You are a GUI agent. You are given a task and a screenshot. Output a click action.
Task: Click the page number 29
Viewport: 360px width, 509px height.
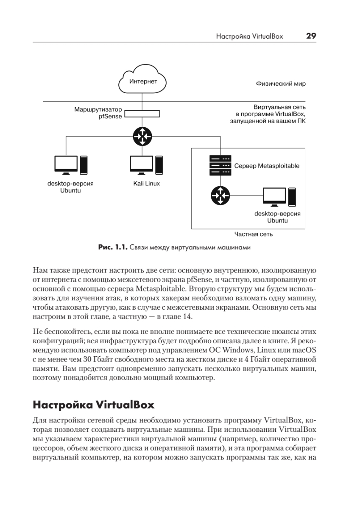(x=311, y=36)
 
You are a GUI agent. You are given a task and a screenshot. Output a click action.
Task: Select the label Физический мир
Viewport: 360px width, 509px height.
(x=280, y=84)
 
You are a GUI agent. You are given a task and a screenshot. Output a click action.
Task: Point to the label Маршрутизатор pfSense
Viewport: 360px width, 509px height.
(x=98, y=113)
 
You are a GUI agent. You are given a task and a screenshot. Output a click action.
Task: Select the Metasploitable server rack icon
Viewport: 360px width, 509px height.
(x=220, y=165)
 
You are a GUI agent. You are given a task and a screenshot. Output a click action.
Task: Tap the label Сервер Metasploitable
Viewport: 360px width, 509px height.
(x=267, y=166)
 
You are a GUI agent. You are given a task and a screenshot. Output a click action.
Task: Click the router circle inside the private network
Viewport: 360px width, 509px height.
(x=220, y=195)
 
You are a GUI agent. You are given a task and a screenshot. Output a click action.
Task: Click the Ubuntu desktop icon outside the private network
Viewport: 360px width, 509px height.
(x=71, y=165)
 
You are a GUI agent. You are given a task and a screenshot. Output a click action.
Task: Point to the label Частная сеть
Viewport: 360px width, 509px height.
(x=254, y=234)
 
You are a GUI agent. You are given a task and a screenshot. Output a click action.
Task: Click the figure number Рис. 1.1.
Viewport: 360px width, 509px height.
(x=112, y=247)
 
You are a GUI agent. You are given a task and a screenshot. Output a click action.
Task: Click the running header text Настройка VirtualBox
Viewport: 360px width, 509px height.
(x=249, y=36)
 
